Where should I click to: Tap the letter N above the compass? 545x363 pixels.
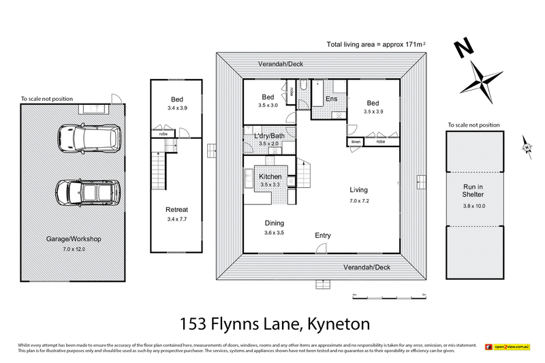(x=464, y=48)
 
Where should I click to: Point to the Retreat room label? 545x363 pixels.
(x=176, y=209)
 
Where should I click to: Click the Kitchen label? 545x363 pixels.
(x=270, y=177)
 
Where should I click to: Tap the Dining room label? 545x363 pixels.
(x=275, y=223)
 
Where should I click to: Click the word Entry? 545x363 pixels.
(x=322, y=236)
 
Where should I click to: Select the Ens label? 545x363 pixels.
(x=332, y=99)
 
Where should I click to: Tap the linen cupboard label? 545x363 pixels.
(x=356, y=142)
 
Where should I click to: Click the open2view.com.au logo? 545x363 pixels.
(x=508, y=347)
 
